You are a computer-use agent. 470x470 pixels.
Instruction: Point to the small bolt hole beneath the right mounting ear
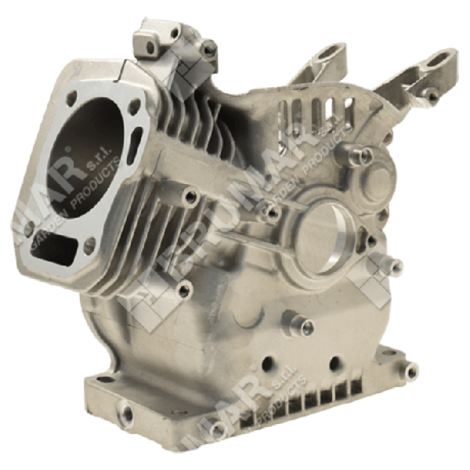(x=432, y=96)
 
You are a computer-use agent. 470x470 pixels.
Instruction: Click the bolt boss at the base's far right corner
(x=410, y=369)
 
